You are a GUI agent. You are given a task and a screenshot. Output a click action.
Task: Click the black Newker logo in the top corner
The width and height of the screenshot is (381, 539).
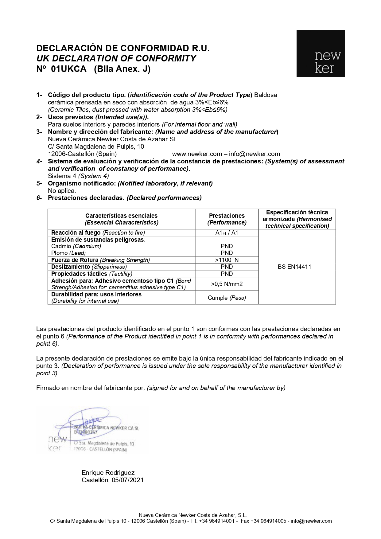(320, 53)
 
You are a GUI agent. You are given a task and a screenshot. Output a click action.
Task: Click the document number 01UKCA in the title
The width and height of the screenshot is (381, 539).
(69, 69)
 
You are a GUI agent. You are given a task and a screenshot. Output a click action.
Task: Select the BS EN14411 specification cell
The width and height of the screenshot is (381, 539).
(294, 267)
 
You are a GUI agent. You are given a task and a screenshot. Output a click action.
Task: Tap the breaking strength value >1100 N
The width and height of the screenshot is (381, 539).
(227, 260)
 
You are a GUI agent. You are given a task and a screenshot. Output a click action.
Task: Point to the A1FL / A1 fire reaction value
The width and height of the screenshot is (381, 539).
(227, 232)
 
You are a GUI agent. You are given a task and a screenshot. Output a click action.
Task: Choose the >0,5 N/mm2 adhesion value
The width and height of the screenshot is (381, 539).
(227, 284)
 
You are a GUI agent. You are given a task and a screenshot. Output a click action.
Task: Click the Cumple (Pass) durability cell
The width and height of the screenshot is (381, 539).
(227, 298)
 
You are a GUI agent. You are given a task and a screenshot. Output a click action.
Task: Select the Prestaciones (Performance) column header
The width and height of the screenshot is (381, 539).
(227, 219)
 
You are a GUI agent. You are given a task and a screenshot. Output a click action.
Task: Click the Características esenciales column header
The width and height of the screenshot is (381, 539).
(121, 219)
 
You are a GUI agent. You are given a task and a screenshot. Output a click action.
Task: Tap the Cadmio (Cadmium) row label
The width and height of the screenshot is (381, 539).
(76, 246)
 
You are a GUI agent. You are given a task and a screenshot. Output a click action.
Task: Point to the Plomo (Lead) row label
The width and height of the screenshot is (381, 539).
(68, 253)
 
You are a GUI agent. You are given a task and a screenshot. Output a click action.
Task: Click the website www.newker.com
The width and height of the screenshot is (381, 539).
(197, 154)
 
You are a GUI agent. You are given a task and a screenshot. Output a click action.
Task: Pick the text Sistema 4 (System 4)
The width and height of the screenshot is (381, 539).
(78, 176)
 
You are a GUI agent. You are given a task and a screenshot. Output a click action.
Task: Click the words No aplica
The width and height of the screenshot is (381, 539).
(62, 191)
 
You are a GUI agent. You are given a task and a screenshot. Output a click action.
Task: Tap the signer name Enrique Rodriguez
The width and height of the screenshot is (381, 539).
(108, 473)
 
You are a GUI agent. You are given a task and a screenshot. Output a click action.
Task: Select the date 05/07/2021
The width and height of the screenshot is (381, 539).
(127, 480)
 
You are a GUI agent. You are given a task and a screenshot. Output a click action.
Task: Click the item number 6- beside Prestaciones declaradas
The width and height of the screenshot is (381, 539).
(39, 198)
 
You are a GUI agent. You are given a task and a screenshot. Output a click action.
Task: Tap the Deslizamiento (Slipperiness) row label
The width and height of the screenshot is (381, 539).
(89, 267)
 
